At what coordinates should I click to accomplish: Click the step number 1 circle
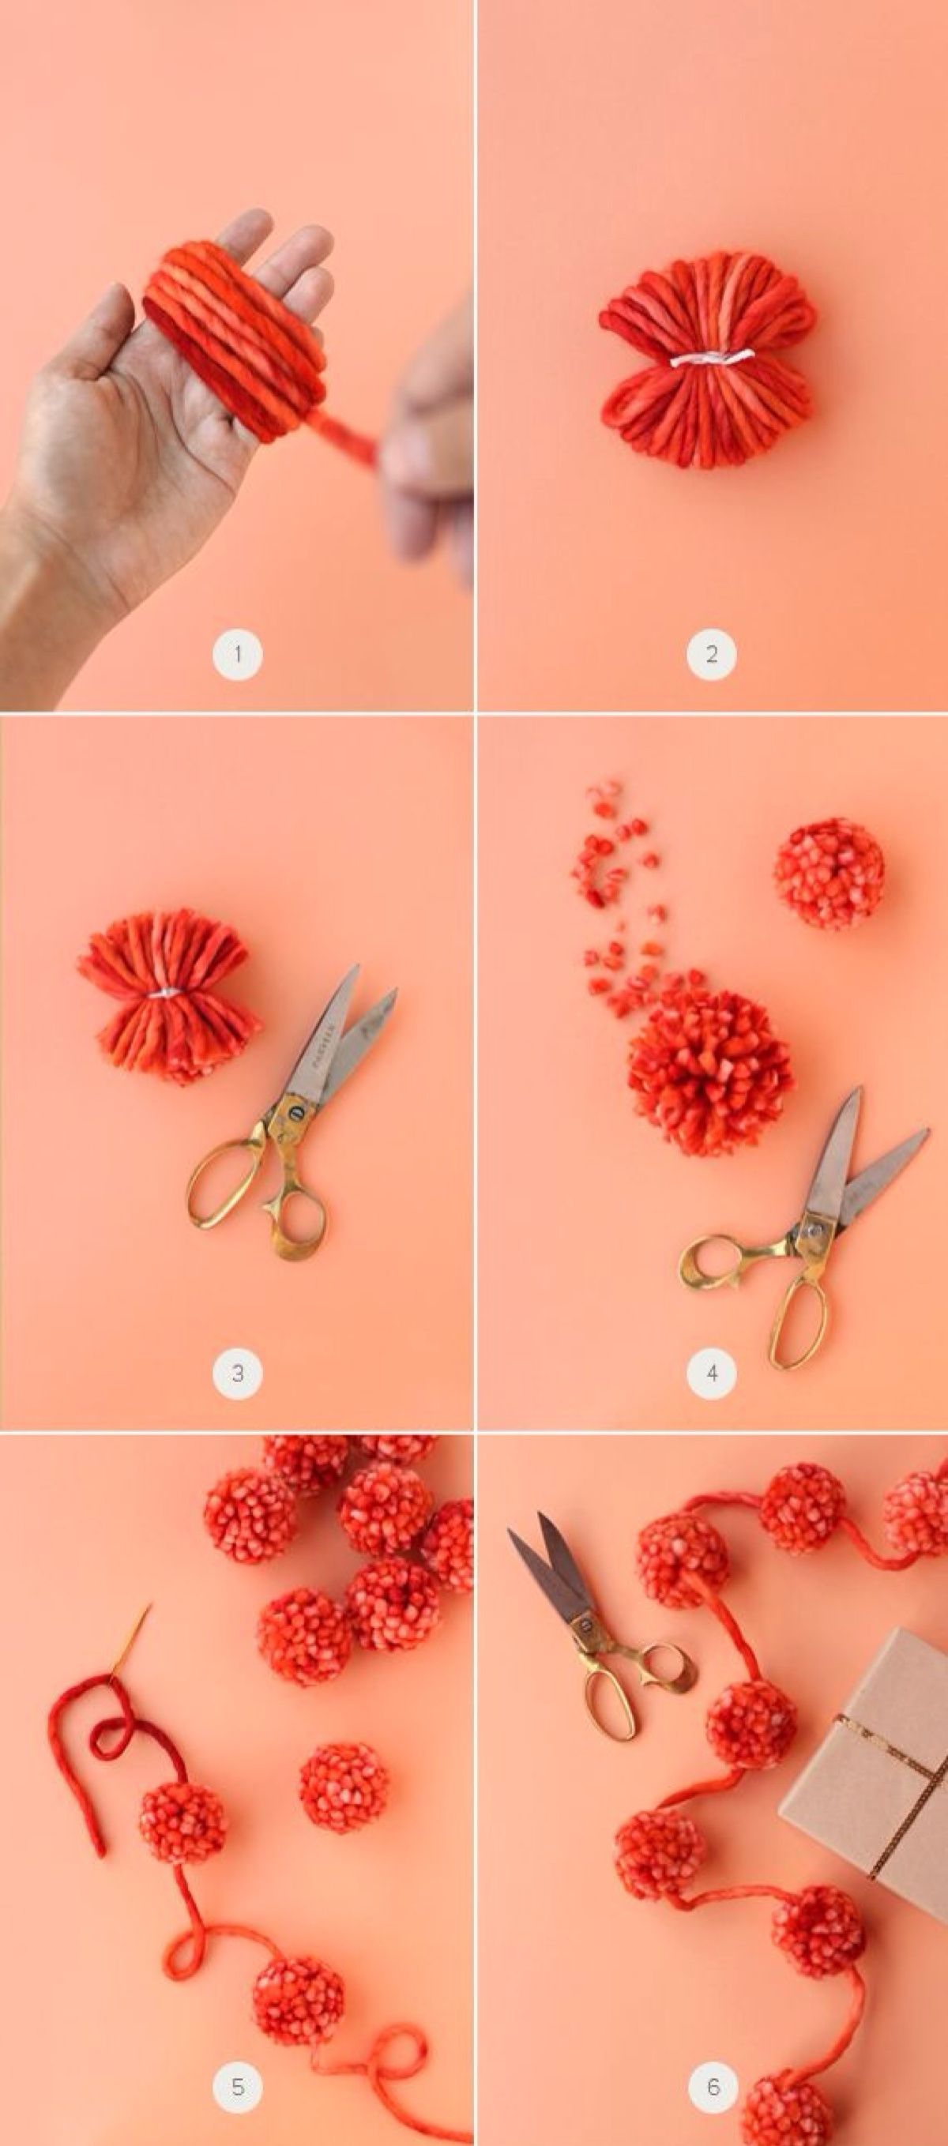238,654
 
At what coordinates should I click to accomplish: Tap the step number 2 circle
712,654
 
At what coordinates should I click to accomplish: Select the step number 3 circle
238,1373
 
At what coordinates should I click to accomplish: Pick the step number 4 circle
712,1373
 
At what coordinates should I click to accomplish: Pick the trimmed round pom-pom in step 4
829,873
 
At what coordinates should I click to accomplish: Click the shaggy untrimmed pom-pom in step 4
709,1070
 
